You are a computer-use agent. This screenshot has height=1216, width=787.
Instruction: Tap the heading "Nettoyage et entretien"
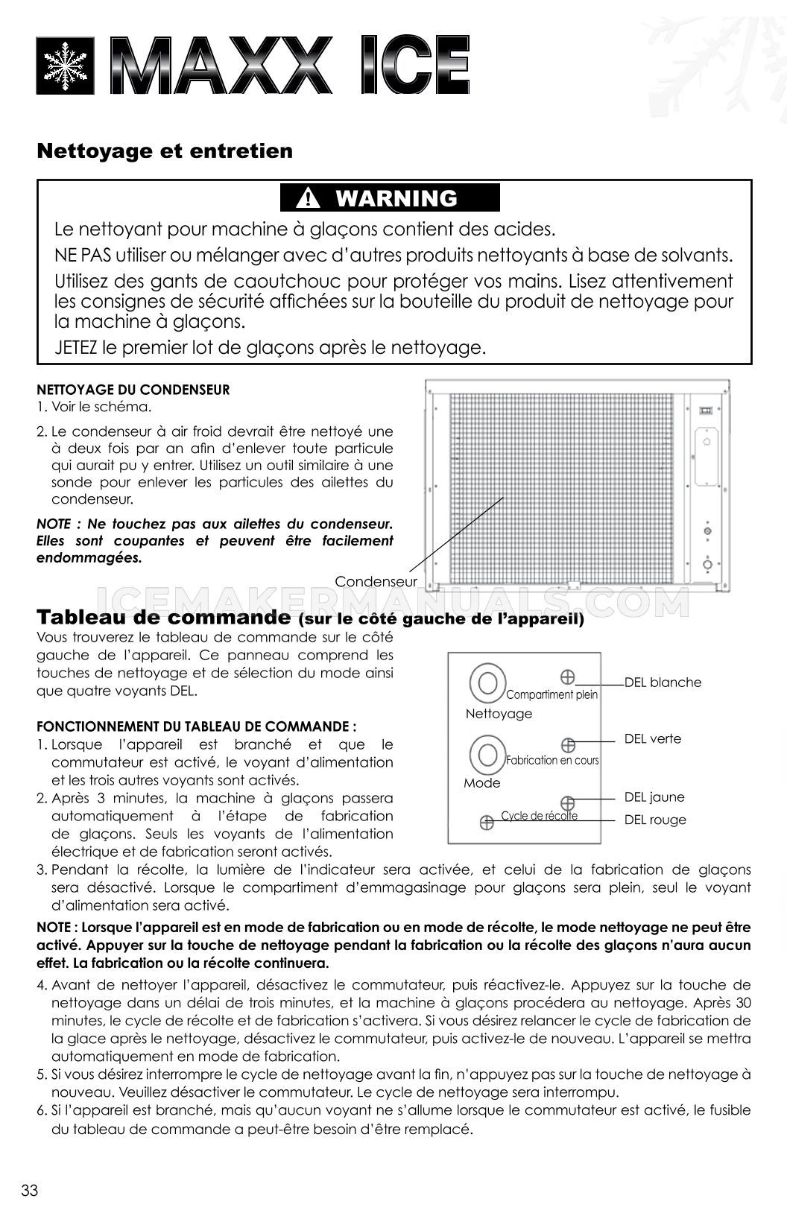165,151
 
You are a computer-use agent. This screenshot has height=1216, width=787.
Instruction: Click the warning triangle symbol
307,199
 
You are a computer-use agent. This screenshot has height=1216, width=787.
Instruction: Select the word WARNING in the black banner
396,199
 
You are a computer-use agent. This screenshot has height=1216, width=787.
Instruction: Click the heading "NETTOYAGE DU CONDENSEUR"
133,389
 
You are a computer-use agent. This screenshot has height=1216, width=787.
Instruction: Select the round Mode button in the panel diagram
487,754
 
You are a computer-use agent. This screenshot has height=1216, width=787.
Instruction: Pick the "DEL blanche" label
663,682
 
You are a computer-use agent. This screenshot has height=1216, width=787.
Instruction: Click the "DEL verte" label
652,738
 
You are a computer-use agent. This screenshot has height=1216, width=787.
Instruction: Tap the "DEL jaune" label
654,797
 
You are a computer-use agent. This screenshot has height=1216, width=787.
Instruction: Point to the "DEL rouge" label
654,820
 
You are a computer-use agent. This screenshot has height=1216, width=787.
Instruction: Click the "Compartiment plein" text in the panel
551,694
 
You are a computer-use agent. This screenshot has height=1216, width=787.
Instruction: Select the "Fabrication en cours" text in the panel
552,760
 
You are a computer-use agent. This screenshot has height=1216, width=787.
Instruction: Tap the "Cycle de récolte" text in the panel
539,815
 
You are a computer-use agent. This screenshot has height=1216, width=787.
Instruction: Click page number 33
30,1190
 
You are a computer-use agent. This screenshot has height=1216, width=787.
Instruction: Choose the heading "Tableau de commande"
163,617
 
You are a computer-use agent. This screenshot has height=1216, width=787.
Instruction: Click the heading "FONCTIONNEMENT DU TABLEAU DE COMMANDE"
196,726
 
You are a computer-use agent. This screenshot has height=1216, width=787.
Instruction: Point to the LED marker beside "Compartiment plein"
567,677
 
